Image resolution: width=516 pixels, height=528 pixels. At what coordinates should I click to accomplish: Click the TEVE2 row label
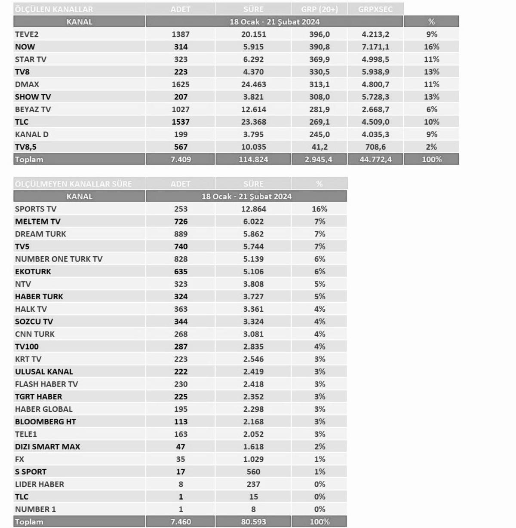(x=27, y=34)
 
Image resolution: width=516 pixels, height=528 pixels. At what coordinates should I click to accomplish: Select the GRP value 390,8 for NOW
(x=319, y=47)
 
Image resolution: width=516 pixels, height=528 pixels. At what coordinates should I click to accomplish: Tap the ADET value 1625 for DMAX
(x=181, y=84)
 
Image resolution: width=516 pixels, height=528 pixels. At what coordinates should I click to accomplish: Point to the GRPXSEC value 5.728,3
(x=375, y=97)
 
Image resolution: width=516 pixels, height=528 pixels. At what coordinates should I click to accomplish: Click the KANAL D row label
(x=32, y=134)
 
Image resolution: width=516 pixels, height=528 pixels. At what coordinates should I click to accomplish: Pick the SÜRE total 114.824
(x=253, y=160)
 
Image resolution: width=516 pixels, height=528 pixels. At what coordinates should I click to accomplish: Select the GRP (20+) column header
(x=319, y=9)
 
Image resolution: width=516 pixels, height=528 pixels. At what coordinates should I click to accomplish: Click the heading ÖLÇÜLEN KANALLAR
(x=54, y=9)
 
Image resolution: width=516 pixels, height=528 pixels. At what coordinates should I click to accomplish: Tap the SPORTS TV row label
(x=36, y=209)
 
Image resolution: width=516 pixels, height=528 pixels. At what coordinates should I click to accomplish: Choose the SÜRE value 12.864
(x=253, y=209)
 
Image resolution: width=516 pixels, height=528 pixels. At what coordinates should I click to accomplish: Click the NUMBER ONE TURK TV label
(x=59, y=259)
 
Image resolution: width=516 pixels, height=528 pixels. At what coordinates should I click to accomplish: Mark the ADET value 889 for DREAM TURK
(x=181, y=234)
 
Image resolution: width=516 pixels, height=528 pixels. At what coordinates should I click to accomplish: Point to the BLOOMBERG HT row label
(x=46, y=421)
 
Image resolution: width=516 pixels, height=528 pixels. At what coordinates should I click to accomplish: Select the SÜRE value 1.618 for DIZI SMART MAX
(x=253, y=447)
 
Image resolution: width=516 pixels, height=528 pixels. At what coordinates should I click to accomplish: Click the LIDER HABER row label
(x=40, y=484)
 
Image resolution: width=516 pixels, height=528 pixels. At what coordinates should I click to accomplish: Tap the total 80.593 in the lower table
(x=253, y=522)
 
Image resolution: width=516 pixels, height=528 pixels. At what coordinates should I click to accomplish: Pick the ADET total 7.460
(x=181, y=522)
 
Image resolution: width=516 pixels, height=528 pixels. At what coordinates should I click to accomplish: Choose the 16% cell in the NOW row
(x=431, y=47)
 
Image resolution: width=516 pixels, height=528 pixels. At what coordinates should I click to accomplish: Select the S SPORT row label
(x=31, y=472)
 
